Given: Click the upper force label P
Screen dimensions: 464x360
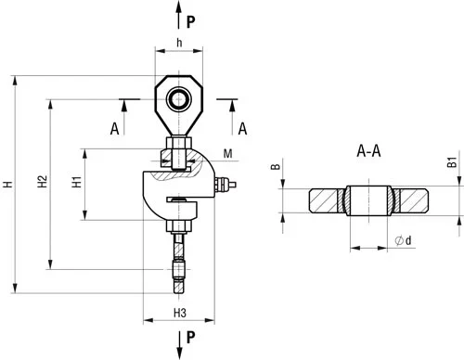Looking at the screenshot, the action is coord(191,21).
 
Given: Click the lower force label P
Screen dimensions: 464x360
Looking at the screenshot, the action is coord(191,337).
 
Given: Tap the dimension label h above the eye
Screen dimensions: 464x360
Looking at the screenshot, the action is coord(179,43).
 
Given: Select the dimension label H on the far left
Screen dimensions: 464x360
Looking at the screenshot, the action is coord(7,184).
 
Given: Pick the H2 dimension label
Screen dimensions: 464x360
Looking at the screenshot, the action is coord(42,181).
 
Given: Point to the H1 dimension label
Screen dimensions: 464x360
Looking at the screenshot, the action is coord(76,182).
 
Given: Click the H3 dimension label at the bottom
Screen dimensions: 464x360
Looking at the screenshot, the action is coord(180,313).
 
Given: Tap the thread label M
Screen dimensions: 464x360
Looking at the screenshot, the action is coord(227,154).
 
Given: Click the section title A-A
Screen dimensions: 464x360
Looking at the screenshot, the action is coord(368,151).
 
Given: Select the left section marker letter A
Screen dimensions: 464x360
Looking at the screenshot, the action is coord(114,128).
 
